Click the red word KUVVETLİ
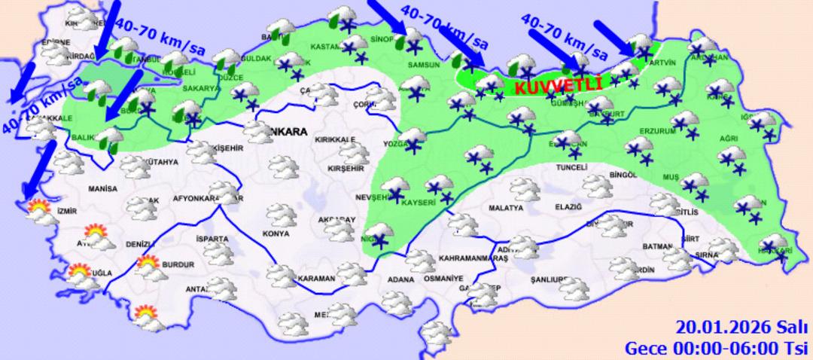pyautogui.click(x=559, y=86)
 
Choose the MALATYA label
pyautogui.click(x=505, y=207)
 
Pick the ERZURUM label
pyautogui.click(x=653, y=131)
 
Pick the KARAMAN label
pyautogui.click(x=316, y=279)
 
